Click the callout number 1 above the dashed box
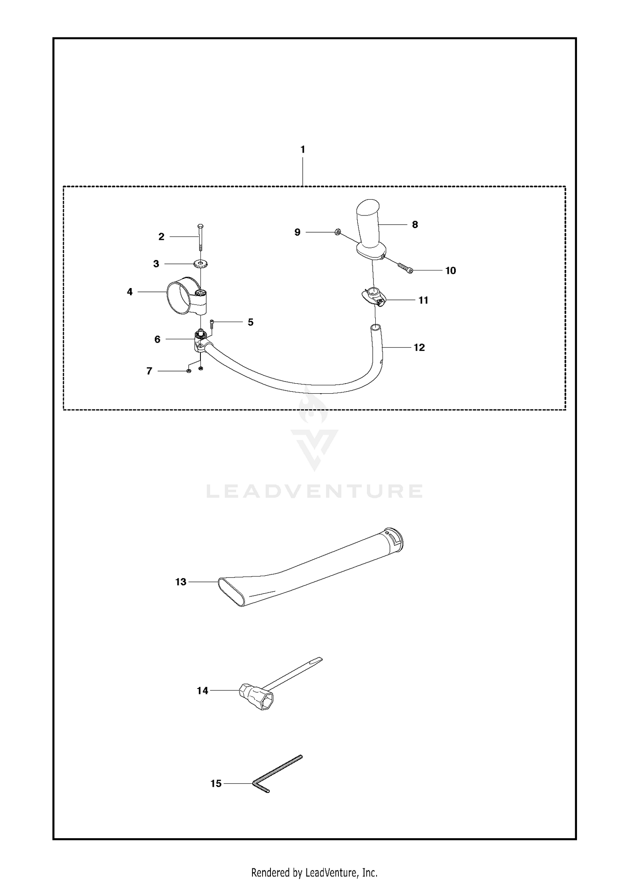pos(303,149)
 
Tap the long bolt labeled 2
pos(200,237)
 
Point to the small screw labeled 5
pos(212,324)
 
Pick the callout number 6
pos(157,339)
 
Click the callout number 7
pos(149,371)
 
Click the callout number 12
pos(419,348)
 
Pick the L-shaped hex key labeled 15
pos(277,774)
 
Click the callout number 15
pos(216,784)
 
